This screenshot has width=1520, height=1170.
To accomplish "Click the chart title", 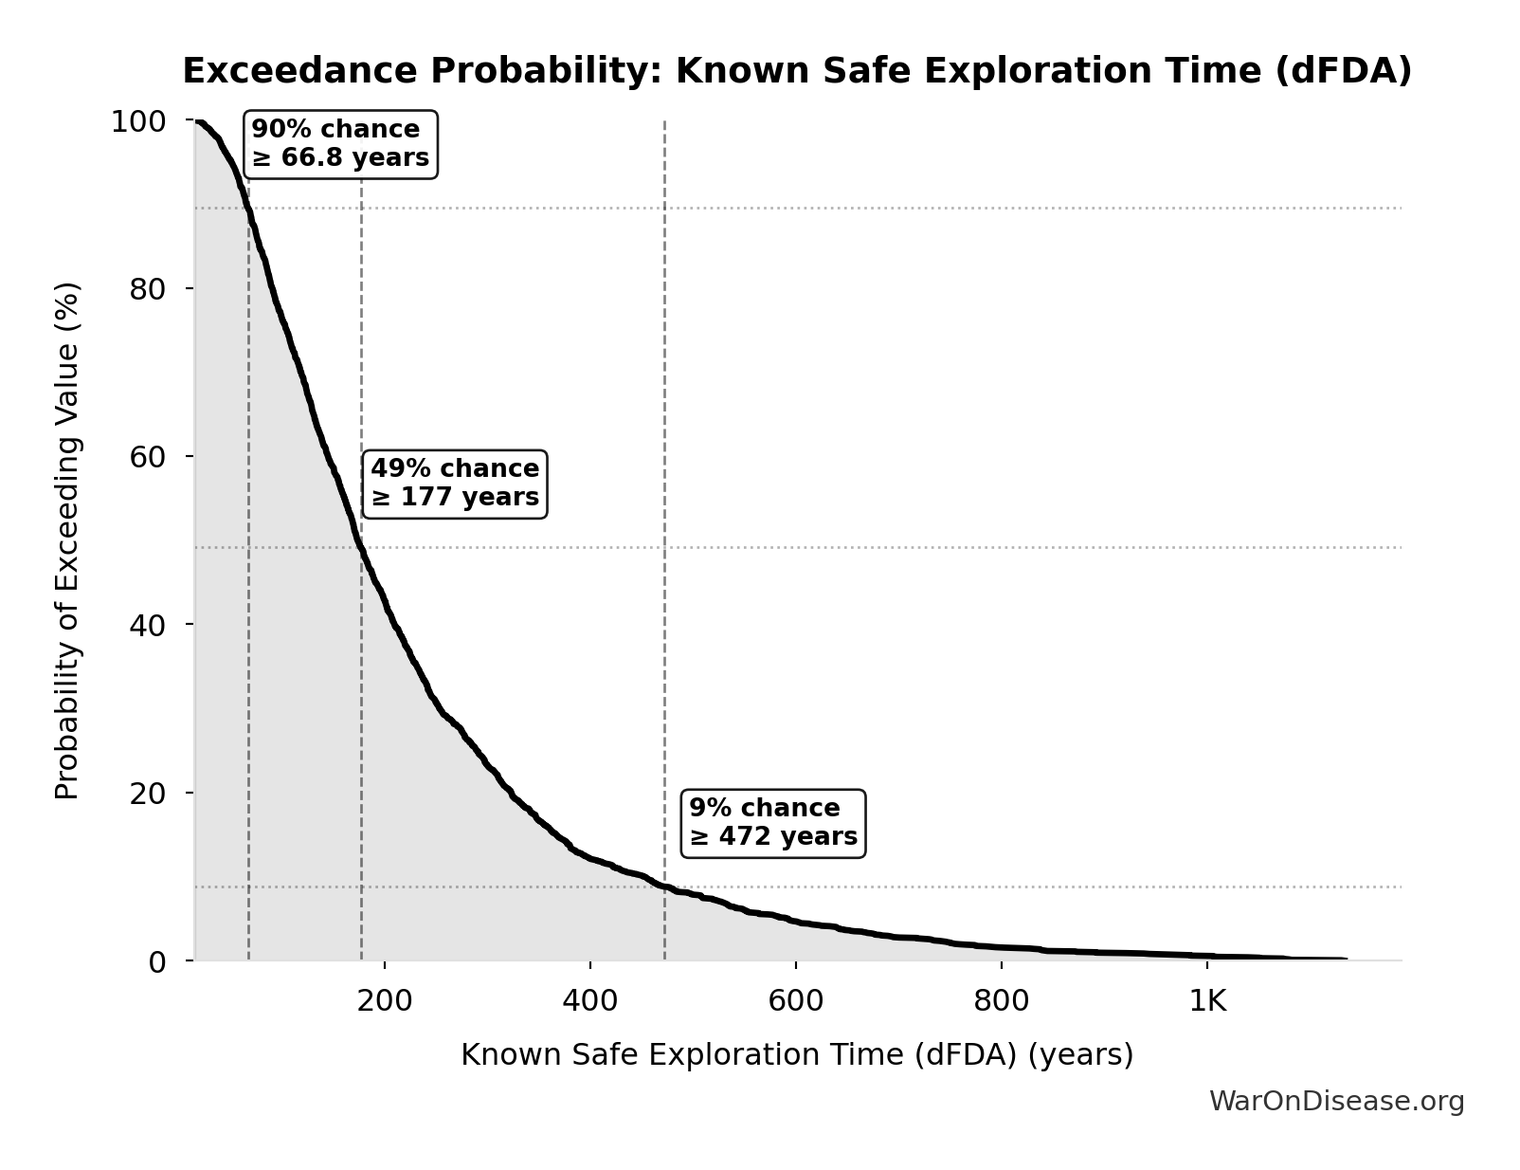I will [x=796, y=71].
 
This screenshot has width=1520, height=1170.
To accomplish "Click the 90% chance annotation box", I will [x=340, y=144].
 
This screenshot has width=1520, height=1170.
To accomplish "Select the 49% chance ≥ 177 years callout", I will [x=454, y=484].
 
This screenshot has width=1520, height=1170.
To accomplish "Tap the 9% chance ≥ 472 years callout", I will [x=772, y=823].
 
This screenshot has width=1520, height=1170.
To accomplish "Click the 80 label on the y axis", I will [x=148, y=289].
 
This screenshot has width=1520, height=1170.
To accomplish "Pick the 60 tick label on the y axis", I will [x=148, y=457].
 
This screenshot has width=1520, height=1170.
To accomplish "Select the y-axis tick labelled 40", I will [x=148, y=625].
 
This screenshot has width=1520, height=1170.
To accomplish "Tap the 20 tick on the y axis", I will [x=148, y=793].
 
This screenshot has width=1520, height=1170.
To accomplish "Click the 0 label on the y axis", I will [x=157, y=961].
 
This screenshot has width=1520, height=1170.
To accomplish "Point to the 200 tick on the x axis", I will [x=384, y=1001].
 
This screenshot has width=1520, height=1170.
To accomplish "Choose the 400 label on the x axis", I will [x=589, y=1001].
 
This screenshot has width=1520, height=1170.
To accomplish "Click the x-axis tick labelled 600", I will [x=795, y=1001].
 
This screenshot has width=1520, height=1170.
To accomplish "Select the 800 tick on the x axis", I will [x=1002, y=1001].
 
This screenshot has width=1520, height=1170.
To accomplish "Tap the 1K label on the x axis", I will [x=1207, y=1001].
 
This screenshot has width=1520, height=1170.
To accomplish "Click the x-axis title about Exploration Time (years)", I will [x=796, y=1055].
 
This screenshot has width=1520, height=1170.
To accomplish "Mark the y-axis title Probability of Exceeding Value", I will [x=66, y=540].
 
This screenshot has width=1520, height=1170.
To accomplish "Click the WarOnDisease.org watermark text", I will [x=1336, y=1102].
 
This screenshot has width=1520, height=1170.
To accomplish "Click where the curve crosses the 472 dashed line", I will [x=664, y=887].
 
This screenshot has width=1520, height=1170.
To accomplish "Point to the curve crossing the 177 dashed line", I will [x=361, y=547].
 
